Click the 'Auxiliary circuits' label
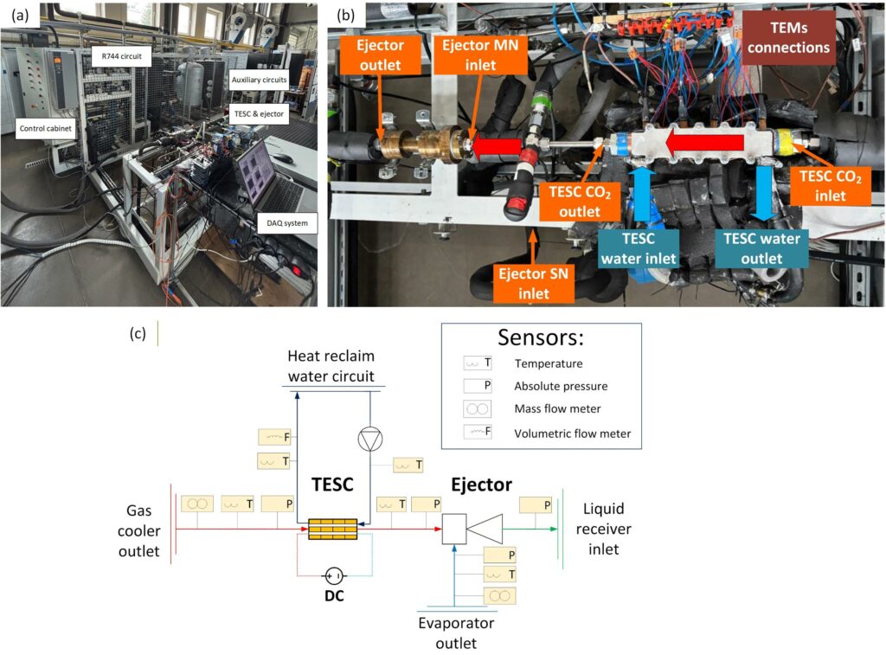(x=259, y=80)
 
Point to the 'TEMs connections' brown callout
(x=788, y=37)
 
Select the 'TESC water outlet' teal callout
(x=762, y=247)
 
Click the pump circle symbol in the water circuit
(x=370, y=439)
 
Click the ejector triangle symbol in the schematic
(x=484, y=527)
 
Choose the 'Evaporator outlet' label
(x=455, y=633)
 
